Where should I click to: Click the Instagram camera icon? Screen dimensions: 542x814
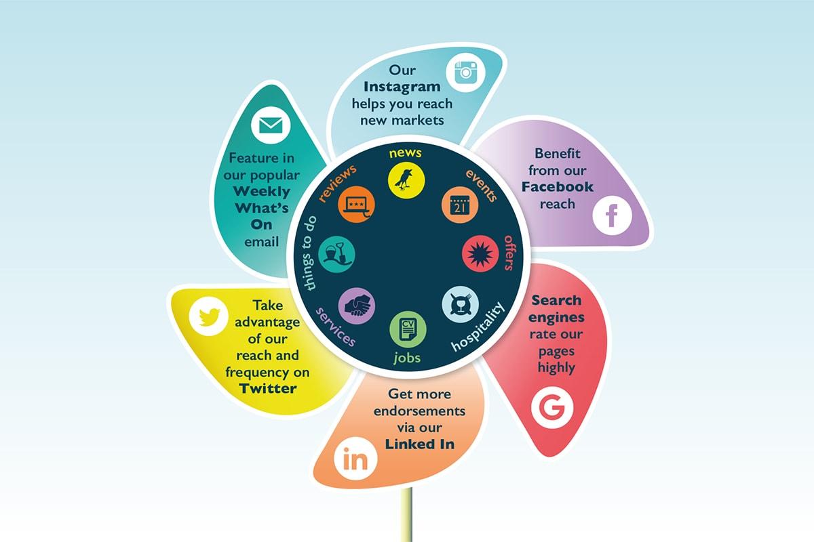point(467,72)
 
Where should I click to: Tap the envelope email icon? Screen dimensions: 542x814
point(271,125)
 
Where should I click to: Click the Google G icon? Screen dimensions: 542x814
point(552,409)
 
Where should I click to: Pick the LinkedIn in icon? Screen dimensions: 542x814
point(355,461)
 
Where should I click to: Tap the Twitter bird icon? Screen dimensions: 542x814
point(209,316)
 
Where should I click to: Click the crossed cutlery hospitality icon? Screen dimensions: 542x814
point(461,304)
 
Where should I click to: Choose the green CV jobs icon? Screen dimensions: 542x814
point(408,329)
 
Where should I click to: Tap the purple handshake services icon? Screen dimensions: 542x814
point(357,306)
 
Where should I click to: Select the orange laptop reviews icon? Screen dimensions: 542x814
point(356,205)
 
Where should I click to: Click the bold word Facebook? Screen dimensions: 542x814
point(557,187)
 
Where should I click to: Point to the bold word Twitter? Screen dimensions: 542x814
point(268,388)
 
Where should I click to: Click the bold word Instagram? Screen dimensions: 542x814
point(402,87)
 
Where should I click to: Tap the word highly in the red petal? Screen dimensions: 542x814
point(556,368)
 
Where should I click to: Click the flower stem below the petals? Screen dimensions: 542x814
point(408,518)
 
